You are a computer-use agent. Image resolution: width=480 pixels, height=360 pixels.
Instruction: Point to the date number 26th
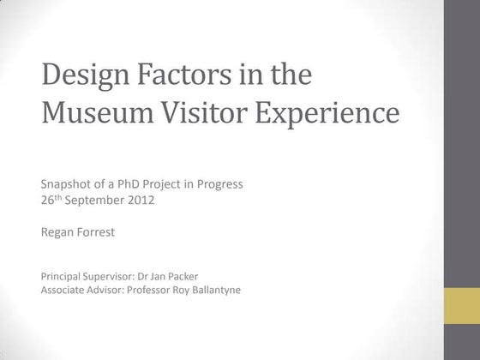(x=51, y=203)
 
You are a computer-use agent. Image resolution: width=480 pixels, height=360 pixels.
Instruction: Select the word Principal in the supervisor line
(x=61, y=277)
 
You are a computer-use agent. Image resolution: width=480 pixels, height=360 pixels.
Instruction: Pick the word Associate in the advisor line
(x=63, y=291)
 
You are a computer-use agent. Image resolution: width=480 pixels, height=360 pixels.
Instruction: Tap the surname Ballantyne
(x=221, y=291)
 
